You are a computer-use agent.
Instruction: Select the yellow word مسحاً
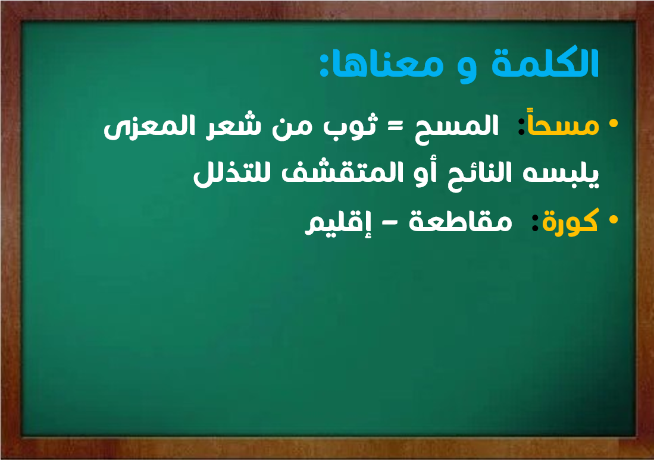(x=563, y=124)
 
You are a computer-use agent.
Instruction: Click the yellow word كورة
(x=570, y=221)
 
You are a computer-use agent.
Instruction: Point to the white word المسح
(x=456, y=127)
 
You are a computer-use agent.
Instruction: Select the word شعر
(x=238, y=125)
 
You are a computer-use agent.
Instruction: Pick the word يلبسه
(x=561, y=173)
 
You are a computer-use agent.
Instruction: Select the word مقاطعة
(x=461, y=221)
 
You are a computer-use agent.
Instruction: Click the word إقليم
(x=338, y=223)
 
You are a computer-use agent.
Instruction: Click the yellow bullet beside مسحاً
(x=613, y=124)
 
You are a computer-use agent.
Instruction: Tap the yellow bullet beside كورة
(x=613, y=219)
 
